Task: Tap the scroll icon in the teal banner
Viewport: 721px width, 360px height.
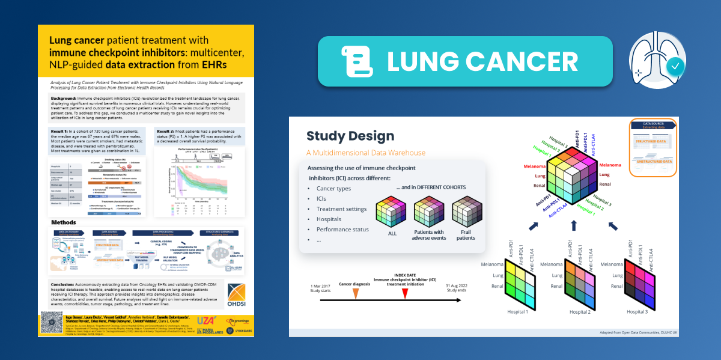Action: (352, 61)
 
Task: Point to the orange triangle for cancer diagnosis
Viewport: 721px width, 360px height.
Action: (356, 293)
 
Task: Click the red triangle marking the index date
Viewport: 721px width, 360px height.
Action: (405, 293)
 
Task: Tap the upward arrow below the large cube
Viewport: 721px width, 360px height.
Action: (574, 225)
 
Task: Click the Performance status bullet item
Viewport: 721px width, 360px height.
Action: (342, 230)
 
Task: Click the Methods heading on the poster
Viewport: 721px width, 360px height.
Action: (64, 222)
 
